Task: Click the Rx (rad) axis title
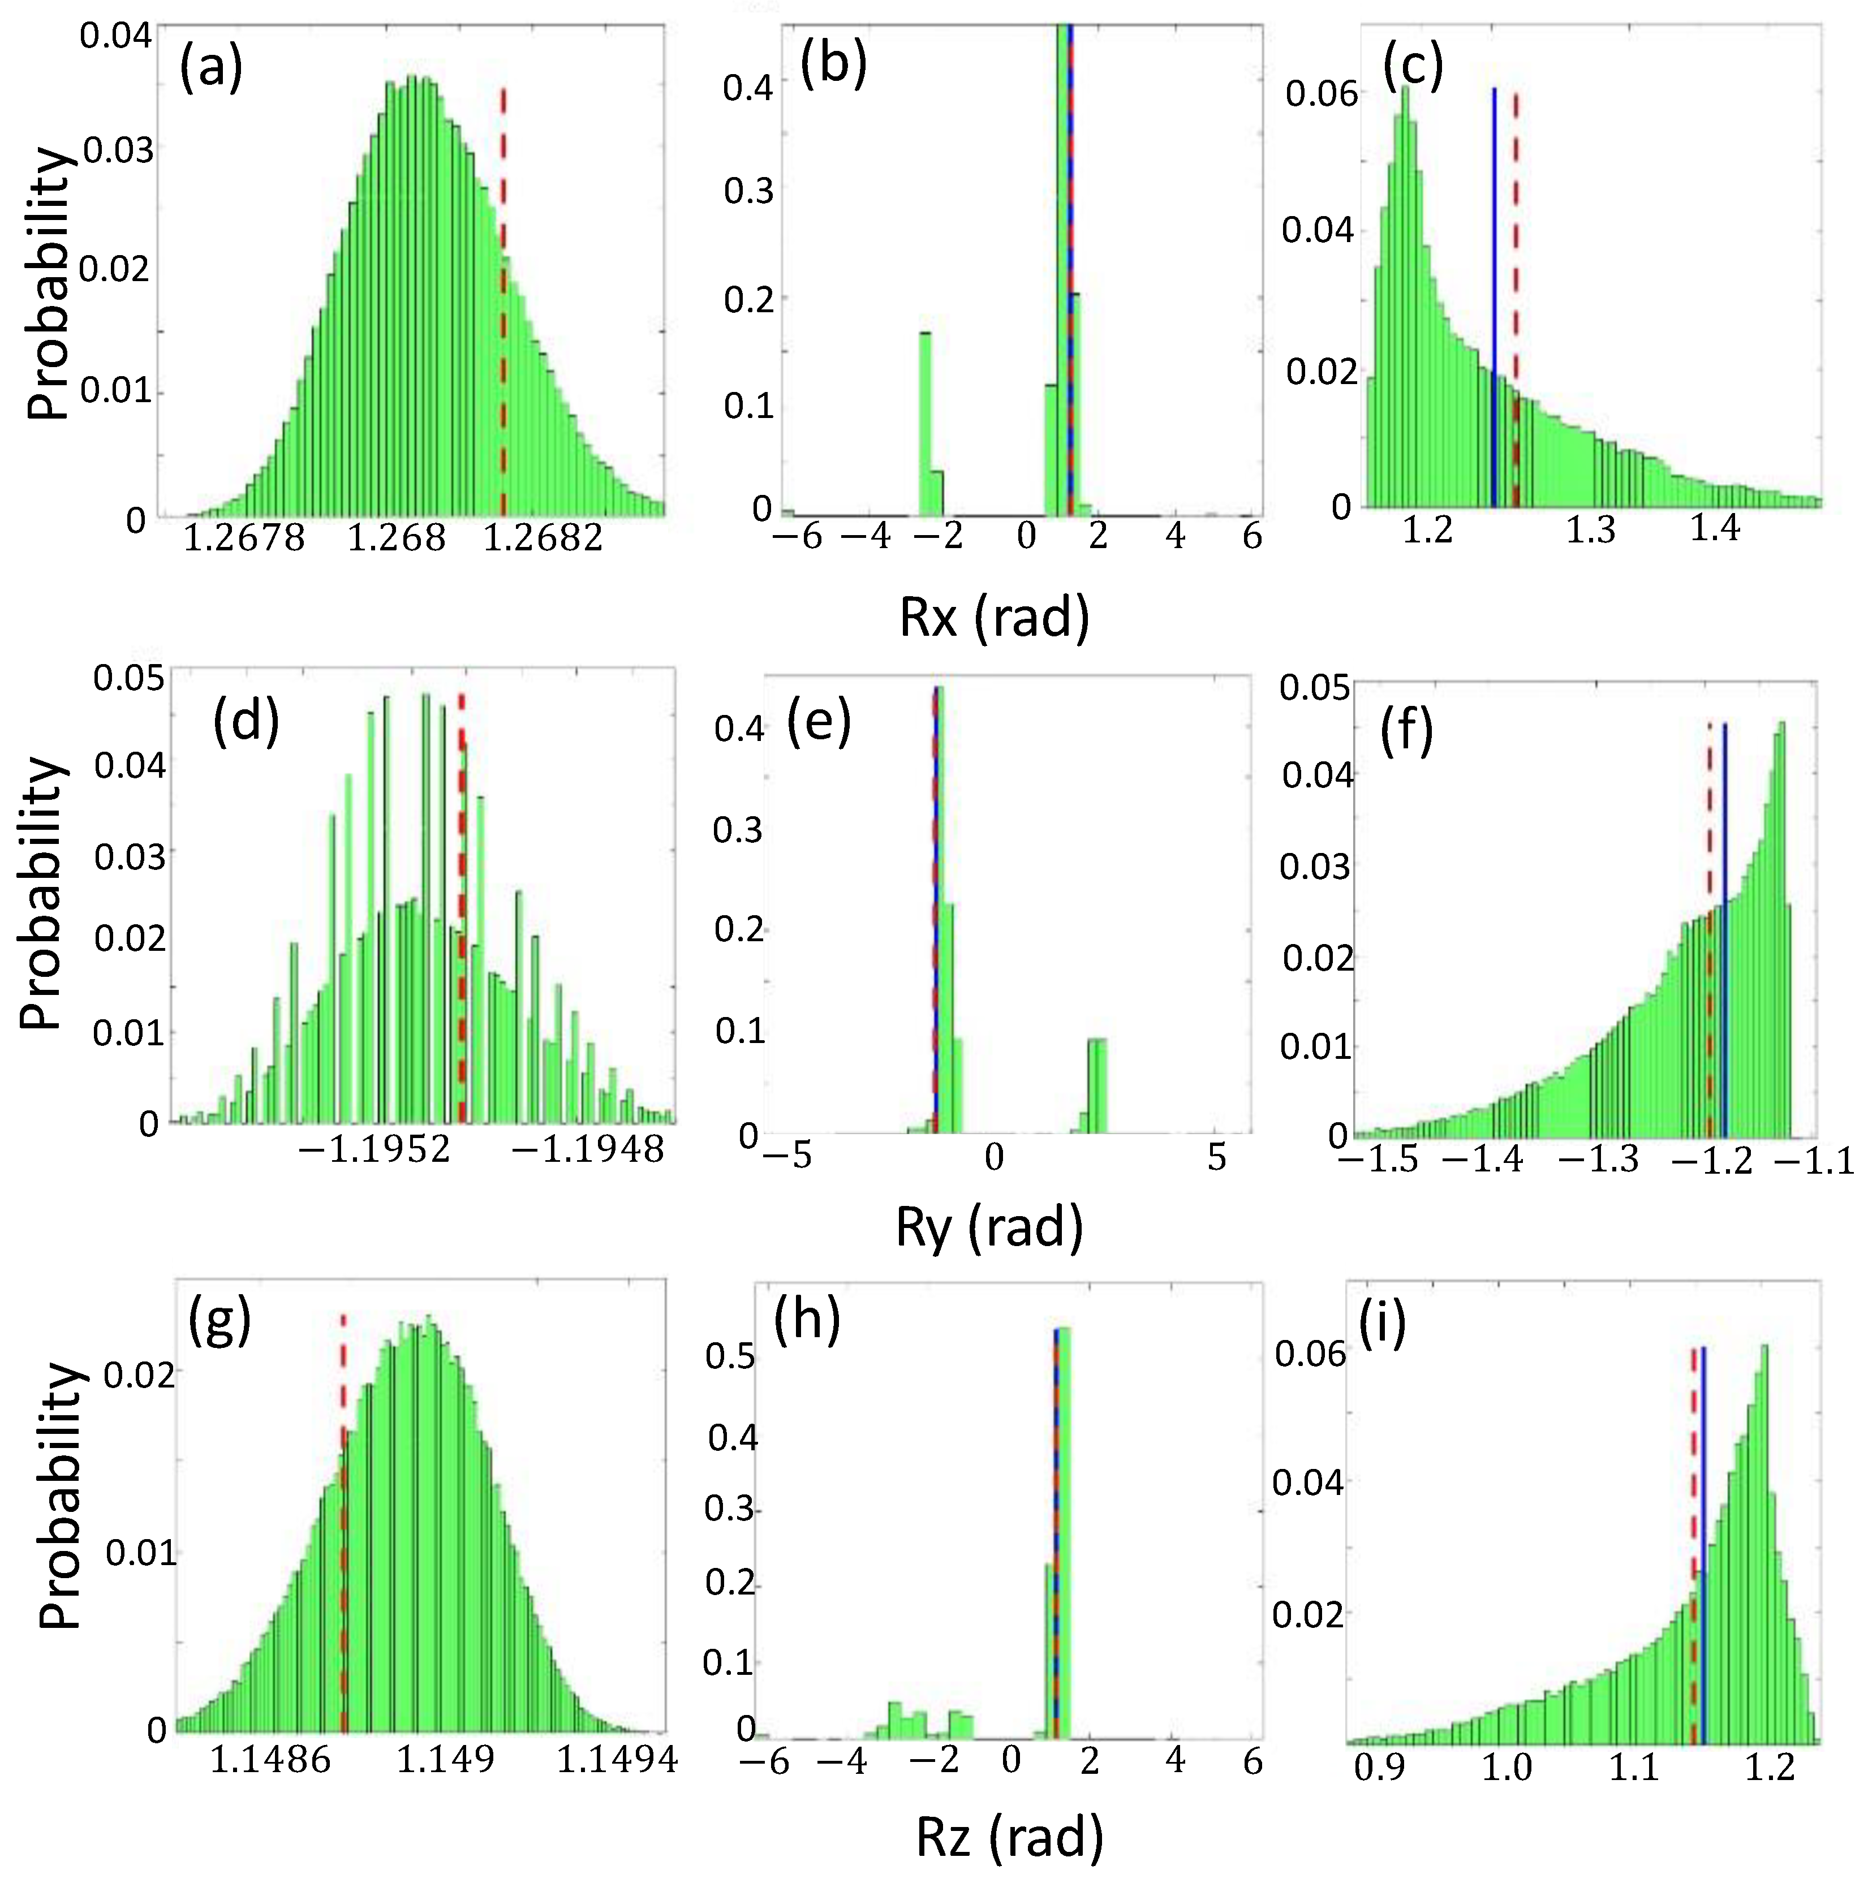tap(993, 617)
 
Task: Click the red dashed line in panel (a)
tap(503, 292)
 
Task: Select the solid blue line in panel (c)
tap(1493, 292)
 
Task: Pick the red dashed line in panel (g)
tap(343, 1520)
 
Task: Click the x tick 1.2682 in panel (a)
tap(543, 537)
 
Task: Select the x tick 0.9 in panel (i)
tap(1380, 1766)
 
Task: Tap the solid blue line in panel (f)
tap(1725, 926)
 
